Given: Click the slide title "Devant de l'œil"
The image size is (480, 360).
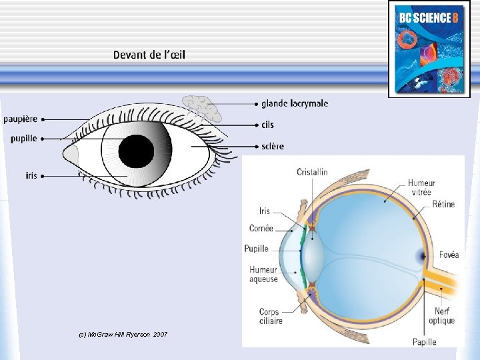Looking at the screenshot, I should (x=149, y=55).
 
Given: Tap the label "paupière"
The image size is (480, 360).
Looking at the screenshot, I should (x=20, y=119).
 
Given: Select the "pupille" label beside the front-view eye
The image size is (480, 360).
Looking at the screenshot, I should (x=23, y=139).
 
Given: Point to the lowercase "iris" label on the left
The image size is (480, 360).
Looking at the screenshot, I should (x=31, y=176).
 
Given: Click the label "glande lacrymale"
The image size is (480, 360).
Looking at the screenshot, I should (x=294, y=103).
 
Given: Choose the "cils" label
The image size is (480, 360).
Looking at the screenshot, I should (x=267, y=125).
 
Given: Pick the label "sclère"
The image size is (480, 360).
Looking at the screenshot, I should (x=272, y=146).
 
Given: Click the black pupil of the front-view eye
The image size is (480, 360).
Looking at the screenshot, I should (x=137, y=151).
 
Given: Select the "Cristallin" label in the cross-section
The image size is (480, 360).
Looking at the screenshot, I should (x=312, y=172).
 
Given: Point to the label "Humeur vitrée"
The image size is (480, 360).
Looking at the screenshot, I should (x=421, y=187).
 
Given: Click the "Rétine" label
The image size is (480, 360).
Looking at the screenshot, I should (x=443, y=204).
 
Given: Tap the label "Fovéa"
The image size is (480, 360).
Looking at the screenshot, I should (x=449, y=255).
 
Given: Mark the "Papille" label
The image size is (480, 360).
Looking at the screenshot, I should (x=424, y=342).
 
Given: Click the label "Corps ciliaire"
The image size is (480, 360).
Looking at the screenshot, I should (x=271, y=316).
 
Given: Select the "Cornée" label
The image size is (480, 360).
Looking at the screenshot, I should (x=261, y=228).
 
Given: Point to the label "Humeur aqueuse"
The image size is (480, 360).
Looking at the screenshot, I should (x=263, y=275).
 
